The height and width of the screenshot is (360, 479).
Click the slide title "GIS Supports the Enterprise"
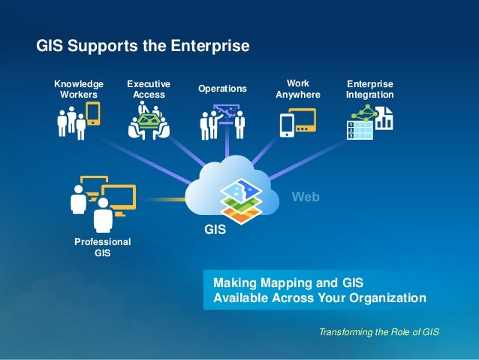click(x=143, y=47)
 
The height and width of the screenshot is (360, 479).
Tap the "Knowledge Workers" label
click(x=78, y=89)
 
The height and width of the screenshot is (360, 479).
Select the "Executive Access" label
click(x=148, y=89)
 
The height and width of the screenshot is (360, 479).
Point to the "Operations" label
click(x=222, y=89)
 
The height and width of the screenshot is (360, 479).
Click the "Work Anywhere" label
click(x=298, y=89)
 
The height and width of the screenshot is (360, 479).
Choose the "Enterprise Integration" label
click(x=369, y=89)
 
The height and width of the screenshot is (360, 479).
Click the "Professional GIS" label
click(x=102, y=247)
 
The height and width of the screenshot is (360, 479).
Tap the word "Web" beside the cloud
click(x=306, y=197)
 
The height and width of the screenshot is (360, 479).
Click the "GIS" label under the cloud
click(x=215, y=231)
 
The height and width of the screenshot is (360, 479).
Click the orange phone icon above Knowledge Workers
click(x=93, y=113)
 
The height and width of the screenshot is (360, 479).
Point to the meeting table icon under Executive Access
click(x=149, y=123)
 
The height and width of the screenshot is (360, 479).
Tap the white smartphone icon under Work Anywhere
click(x=287, y=125)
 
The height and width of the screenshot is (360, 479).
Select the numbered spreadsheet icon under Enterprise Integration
click(x=359, y=129)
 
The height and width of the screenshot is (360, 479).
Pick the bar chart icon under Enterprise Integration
click(x=384, y=118)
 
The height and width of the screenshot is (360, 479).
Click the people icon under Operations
click(x=223, y=123)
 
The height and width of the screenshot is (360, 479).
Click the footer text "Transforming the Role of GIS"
click(x=378, y=332)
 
